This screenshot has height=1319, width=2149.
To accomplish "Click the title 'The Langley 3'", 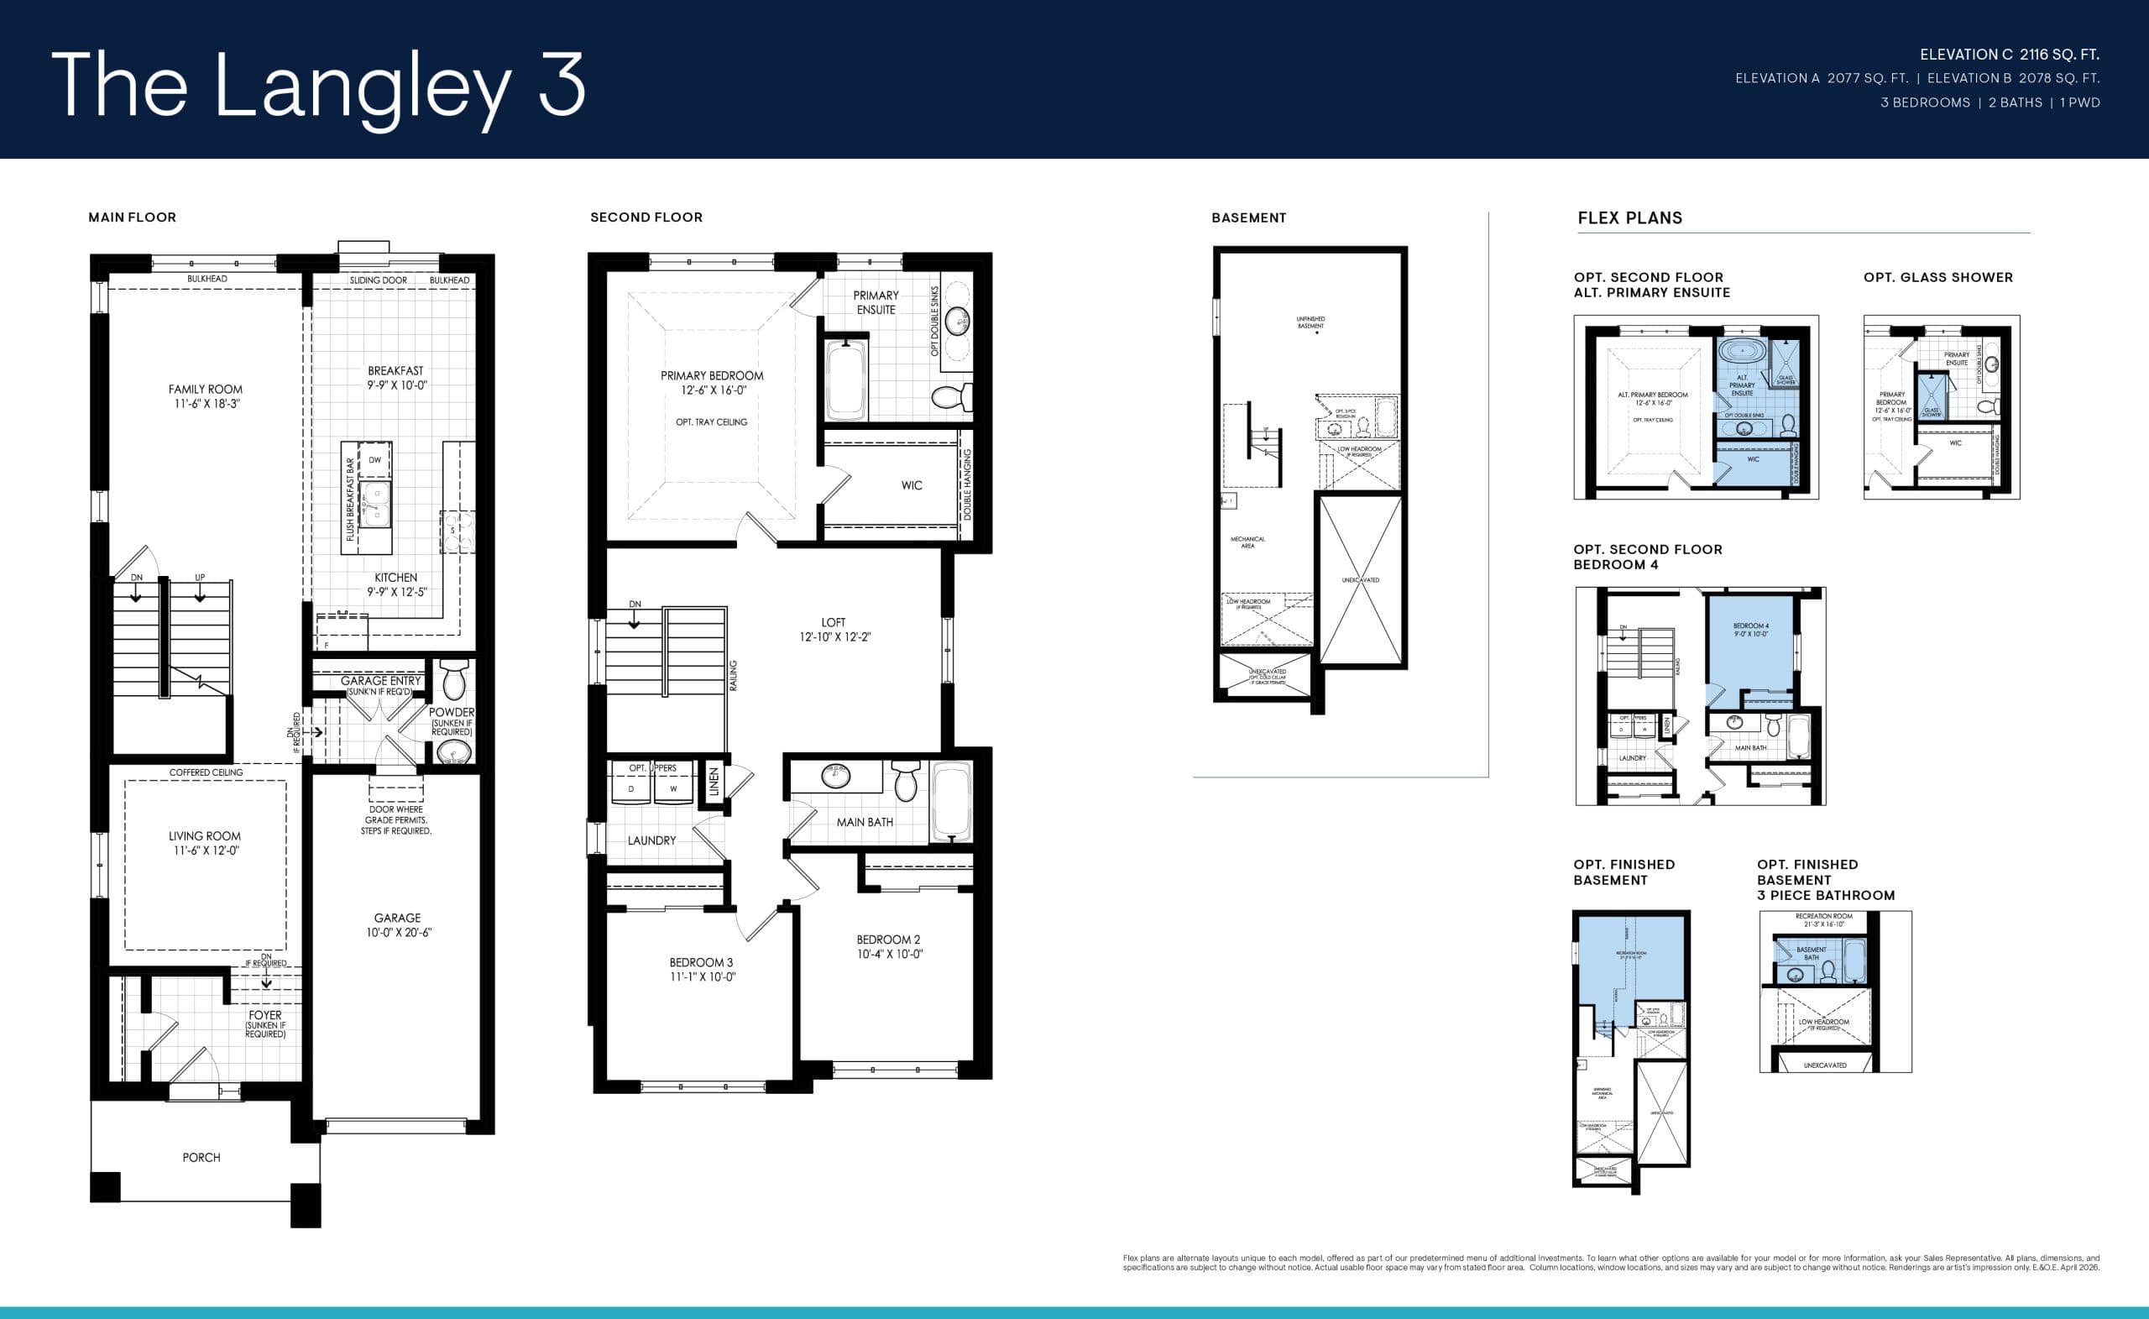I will coord(318,85).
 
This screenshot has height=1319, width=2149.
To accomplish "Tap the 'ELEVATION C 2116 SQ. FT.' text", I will coord(2010,54).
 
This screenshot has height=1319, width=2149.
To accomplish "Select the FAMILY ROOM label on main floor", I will coord(205,396).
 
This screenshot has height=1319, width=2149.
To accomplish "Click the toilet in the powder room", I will coord(454,678).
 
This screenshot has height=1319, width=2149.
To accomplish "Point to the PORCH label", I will coord(201,1157).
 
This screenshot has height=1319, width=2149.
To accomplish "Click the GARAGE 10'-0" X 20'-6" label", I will coord(397,924).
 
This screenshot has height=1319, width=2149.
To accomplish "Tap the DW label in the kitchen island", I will coord(374,460).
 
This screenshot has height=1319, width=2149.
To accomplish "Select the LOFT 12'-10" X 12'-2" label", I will coord(834,629).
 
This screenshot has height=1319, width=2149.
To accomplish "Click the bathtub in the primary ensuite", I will coord(845,380).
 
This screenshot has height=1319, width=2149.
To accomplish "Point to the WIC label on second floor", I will coord(912,485).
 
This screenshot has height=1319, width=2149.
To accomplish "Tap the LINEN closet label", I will coord(714,782).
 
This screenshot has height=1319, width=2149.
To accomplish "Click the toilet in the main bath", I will coord(906,781).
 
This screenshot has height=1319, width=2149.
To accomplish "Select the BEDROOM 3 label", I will coord(701,969).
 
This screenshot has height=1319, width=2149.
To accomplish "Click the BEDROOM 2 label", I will coord(888,946).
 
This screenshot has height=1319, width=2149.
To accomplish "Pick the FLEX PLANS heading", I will coord(1629,218).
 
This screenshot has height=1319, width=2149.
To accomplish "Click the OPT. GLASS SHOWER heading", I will coord(1938,277).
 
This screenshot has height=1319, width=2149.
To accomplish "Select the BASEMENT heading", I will coord(1248,218).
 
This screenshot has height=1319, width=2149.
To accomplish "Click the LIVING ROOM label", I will coord(204,843).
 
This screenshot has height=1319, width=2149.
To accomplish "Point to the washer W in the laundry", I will coord(672,788).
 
